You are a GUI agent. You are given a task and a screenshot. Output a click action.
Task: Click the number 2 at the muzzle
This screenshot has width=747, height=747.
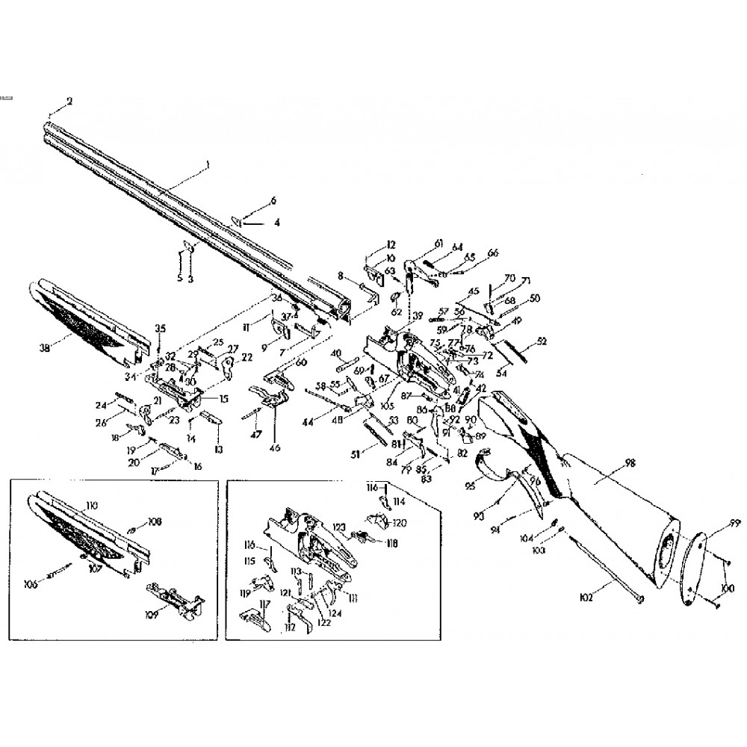pos(69,101)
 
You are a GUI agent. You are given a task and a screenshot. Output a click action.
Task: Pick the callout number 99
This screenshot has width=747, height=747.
pos(734,522)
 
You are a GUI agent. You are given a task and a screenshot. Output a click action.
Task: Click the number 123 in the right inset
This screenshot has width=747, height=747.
pos(340,528)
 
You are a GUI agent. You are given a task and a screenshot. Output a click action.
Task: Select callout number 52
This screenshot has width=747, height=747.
pos(542,341)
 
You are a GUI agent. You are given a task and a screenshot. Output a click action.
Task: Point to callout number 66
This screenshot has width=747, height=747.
pos(492,254)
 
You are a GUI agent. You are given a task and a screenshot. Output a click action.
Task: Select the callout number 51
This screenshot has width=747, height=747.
pos(356,453)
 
